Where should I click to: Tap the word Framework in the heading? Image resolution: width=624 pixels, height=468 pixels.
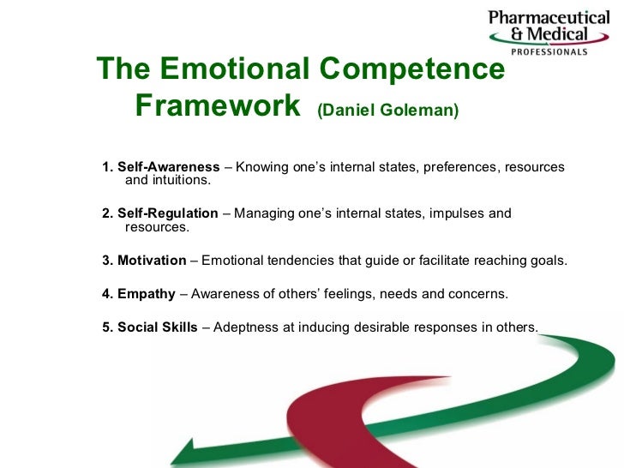219,107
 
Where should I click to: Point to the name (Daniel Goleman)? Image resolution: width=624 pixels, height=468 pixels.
387,111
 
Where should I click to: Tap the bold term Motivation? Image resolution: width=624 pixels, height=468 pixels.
151,261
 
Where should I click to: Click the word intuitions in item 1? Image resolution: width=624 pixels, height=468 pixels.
179,181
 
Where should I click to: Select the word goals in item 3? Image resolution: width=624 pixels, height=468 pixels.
548,261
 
